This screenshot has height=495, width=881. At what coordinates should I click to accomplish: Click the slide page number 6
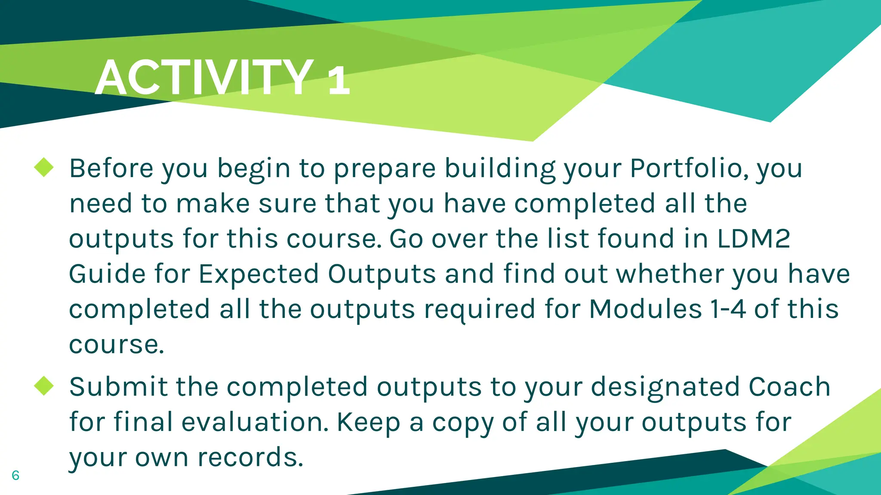[x=15, y=475]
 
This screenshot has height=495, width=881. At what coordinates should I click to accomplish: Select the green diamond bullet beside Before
[x=44, y=167]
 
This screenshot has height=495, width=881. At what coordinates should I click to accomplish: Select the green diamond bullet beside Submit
[x=44, y=385]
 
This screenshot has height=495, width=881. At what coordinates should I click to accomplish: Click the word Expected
[x=259, y=275]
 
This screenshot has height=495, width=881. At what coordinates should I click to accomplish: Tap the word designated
[x=665, y=387]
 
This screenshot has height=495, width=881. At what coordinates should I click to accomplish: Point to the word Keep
[x=368, y=423]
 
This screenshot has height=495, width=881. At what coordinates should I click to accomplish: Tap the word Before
[x=111, y=168]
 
